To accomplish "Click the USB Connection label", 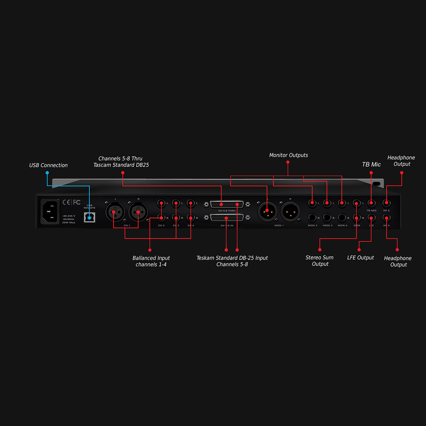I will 48,165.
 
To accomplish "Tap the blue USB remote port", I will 89,217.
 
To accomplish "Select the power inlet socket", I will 50,212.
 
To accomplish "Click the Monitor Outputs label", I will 288,155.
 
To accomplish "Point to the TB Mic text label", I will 371,164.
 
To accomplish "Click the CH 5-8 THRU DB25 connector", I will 227,204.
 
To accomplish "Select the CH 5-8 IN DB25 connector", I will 227,218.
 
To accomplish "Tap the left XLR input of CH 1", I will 114,212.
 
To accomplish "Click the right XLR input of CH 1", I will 138,212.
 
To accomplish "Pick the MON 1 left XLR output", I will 267,211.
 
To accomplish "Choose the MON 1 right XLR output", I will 290,211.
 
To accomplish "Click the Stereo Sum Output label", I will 319,261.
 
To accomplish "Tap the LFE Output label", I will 360,258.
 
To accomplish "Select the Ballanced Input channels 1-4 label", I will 151,261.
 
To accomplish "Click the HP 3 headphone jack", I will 386,203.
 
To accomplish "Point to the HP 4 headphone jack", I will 386,218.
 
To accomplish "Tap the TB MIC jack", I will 371,203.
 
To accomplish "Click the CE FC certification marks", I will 71,202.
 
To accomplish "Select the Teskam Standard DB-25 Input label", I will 232,261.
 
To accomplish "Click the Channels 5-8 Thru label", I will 121,162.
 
